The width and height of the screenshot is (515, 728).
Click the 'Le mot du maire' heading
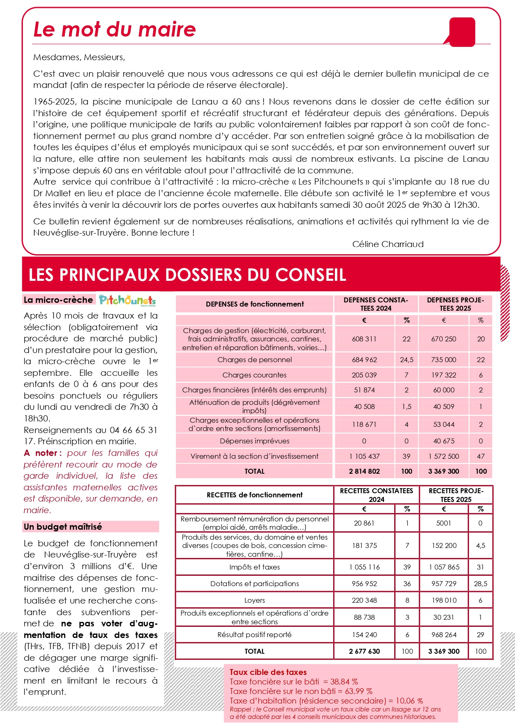pyautogui.click(x=114, y=29)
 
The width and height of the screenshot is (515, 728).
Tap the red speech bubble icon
pyautogui.click(x=462, y=32)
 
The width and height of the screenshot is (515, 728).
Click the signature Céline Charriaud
pyautogui.click(x=388, y=244)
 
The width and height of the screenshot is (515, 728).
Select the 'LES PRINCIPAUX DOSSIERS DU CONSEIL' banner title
pyautogui.click(x=187, y=275)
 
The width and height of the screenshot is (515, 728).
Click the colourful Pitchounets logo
pyautogui.click(x=127, y=300)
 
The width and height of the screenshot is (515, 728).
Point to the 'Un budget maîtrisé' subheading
pyautogui.click(x=63, y=527)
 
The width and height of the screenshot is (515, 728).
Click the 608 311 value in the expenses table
pyautogui.click(x=364, y=339)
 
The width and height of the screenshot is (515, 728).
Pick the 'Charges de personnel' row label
pyautogui.click(x=254, y=360)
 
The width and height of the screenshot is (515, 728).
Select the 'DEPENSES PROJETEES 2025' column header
pyautogui.click(x=455, y=304)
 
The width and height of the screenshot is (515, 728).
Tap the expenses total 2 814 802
pyautogui.click(x=364, y=471)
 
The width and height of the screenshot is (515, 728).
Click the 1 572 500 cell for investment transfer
pyautogui.click(x=444, y=456)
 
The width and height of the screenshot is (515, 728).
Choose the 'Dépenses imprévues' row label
pyautogui.click(x=254, y=441)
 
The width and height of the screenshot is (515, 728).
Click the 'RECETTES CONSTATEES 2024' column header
pyautogui.click(x=376, y=495)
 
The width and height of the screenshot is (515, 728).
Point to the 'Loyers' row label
pyautogui.click(x=254, y=600)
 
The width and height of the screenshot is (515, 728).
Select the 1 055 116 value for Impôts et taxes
pyautogui.click(x=364, y=567)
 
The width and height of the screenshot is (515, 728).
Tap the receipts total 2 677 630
pyautogui.click(x=364, y=651)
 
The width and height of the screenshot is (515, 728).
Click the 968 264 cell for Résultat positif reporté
pyautogui.click(x=444, y=635)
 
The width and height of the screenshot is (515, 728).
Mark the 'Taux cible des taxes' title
pyautogui.click(x=268, y=672)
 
